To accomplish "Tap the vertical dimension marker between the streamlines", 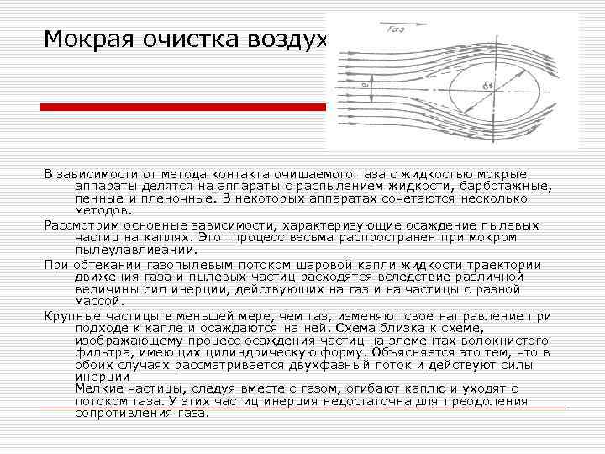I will click(365, 84).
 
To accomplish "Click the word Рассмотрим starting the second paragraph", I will click(82, 225).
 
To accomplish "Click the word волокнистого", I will click(506, 340).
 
